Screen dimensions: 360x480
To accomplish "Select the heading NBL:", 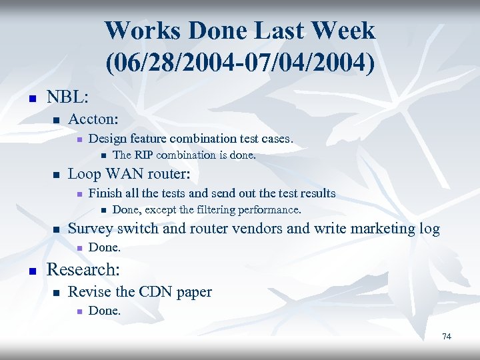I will coord(67,97).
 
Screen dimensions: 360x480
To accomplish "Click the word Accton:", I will coord(93,119).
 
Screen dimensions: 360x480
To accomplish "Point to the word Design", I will coord(108,139).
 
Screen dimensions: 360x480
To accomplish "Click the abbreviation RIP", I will coord(143,155).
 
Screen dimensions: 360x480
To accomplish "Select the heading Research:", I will coord(83,270).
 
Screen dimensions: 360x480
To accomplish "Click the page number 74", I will coord(447,337).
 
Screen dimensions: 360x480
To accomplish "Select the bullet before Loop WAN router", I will coord(57,176).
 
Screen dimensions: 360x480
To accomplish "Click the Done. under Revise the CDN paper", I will coord(105,310).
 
